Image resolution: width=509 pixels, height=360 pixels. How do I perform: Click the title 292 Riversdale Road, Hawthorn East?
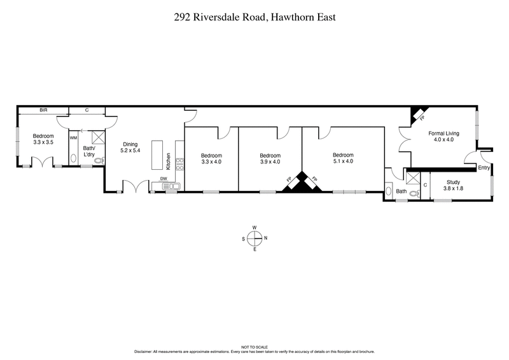254,18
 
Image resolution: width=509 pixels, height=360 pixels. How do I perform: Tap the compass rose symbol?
254,238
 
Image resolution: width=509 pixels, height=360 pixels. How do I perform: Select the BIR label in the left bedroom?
43,110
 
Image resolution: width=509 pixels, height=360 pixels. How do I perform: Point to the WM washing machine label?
73,137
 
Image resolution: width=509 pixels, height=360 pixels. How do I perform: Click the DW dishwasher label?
164,179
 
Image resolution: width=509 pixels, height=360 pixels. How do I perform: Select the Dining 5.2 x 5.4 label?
130,148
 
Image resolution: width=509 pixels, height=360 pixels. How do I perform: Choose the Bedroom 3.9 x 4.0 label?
270,158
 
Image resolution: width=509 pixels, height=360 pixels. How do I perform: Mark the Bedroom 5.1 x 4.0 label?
342,158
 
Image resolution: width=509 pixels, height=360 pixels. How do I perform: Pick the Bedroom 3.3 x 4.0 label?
211,158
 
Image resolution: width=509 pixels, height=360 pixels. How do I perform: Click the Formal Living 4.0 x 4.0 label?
443,136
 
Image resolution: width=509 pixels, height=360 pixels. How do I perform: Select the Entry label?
484,168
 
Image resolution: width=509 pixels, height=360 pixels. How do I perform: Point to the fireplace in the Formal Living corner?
418,114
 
